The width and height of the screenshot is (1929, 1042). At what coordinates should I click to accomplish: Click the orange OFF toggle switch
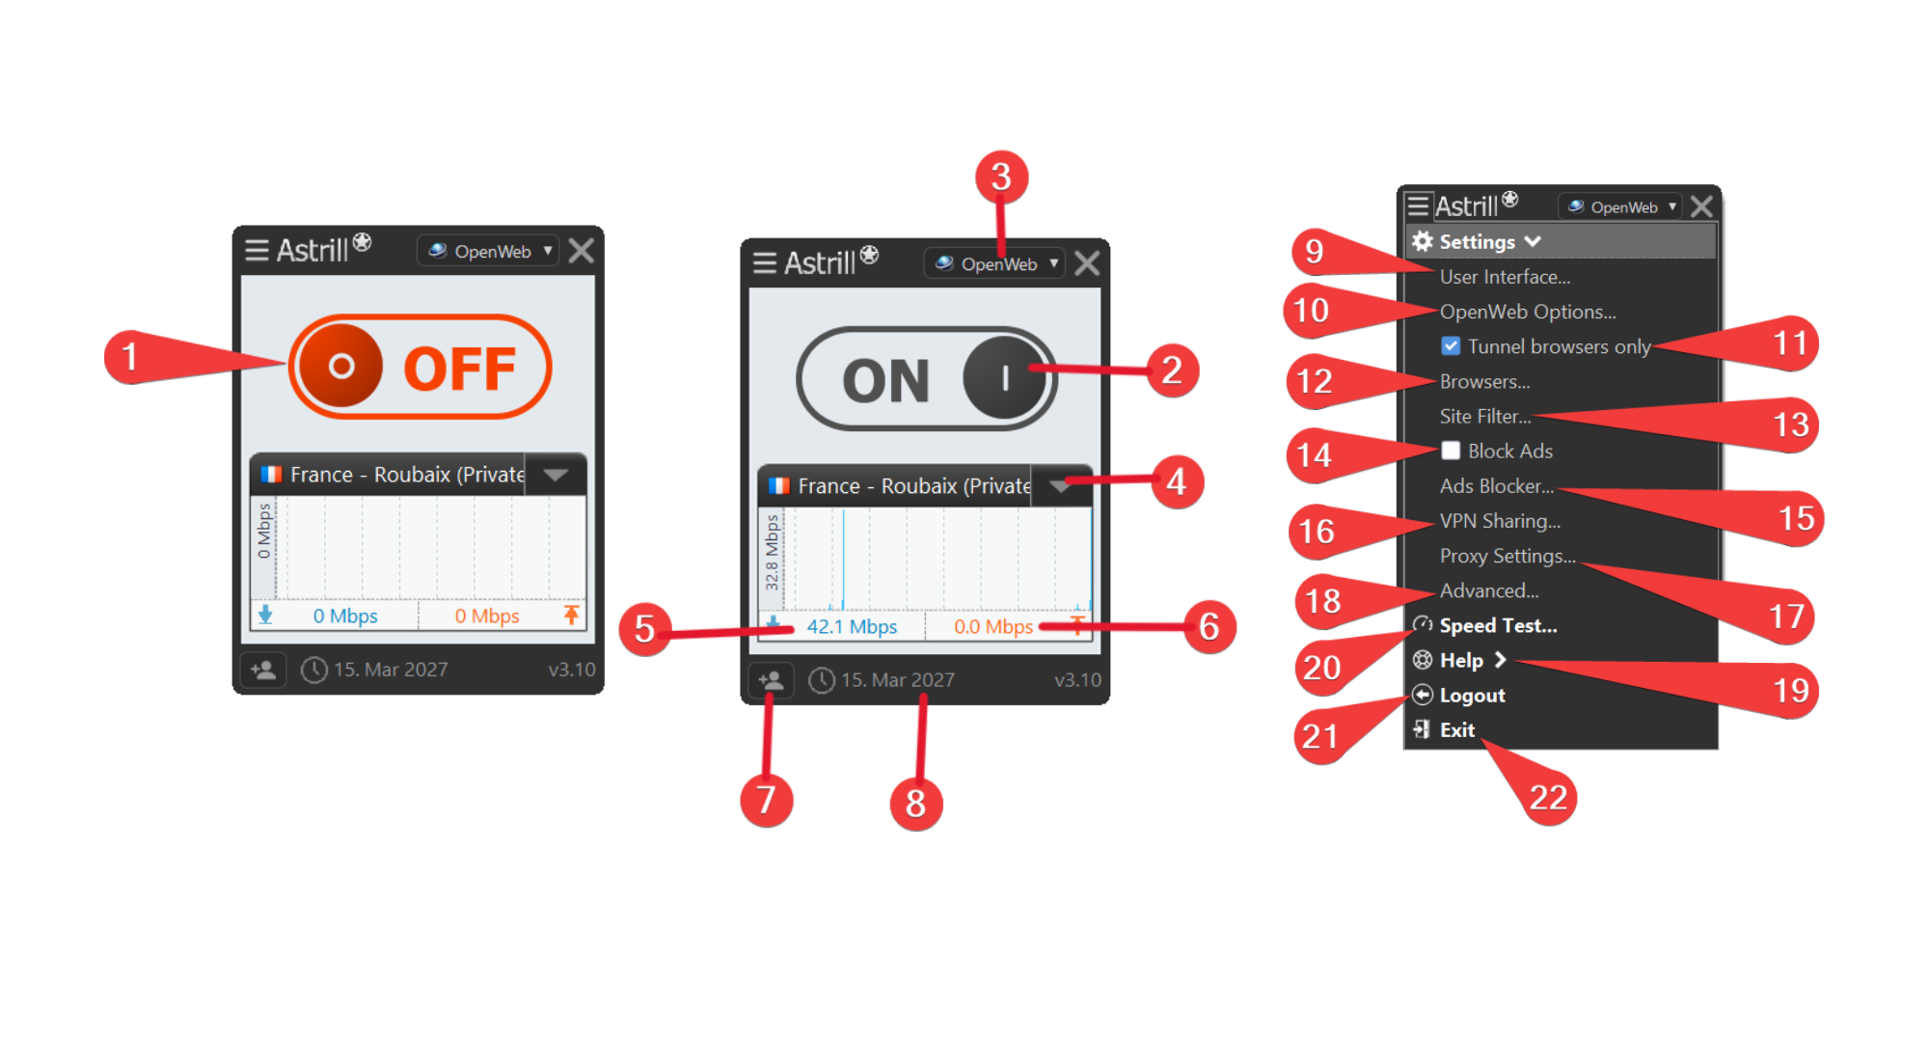421,367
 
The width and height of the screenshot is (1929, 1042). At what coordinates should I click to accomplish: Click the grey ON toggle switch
927,378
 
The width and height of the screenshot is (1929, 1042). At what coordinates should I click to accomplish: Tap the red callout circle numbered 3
1001,177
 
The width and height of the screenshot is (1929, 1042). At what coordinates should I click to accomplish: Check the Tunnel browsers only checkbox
1451,345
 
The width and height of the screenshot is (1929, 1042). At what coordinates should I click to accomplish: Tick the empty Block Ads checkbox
1451,451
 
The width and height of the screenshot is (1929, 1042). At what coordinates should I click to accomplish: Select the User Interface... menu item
1505,277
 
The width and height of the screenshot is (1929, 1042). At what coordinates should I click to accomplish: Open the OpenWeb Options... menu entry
1528,312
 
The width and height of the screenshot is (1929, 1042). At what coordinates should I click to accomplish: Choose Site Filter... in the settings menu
1485,416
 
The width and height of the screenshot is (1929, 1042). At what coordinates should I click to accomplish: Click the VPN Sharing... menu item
1500,521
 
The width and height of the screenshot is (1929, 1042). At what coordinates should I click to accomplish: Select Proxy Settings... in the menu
1508,556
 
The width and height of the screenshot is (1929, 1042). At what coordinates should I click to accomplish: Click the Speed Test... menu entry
1498,625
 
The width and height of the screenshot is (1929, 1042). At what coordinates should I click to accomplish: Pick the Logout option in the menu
1472,695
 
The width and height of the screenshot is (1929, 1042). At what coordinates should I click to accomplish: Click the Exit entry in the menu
1456,729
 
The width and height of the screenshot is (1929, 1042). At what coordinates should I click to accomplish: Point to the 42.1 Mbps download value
852,626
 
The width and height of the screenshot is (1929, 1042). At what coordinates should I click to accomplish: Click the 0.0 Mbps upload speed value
993,626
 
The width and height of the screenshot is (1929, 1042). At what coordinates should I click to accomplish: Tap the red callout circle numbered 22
1549,797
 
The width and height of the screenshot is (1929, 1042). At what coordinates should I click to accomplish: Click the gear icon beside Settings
1422,241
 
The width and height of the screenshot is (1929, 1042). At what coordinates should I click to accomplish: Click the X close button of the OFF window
581,251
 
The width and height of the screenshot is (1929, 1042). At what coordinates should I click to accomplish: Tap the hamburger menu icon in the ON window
765,262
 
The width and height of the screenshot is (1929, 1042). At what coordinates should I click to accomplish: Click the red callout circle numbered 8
916,803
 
